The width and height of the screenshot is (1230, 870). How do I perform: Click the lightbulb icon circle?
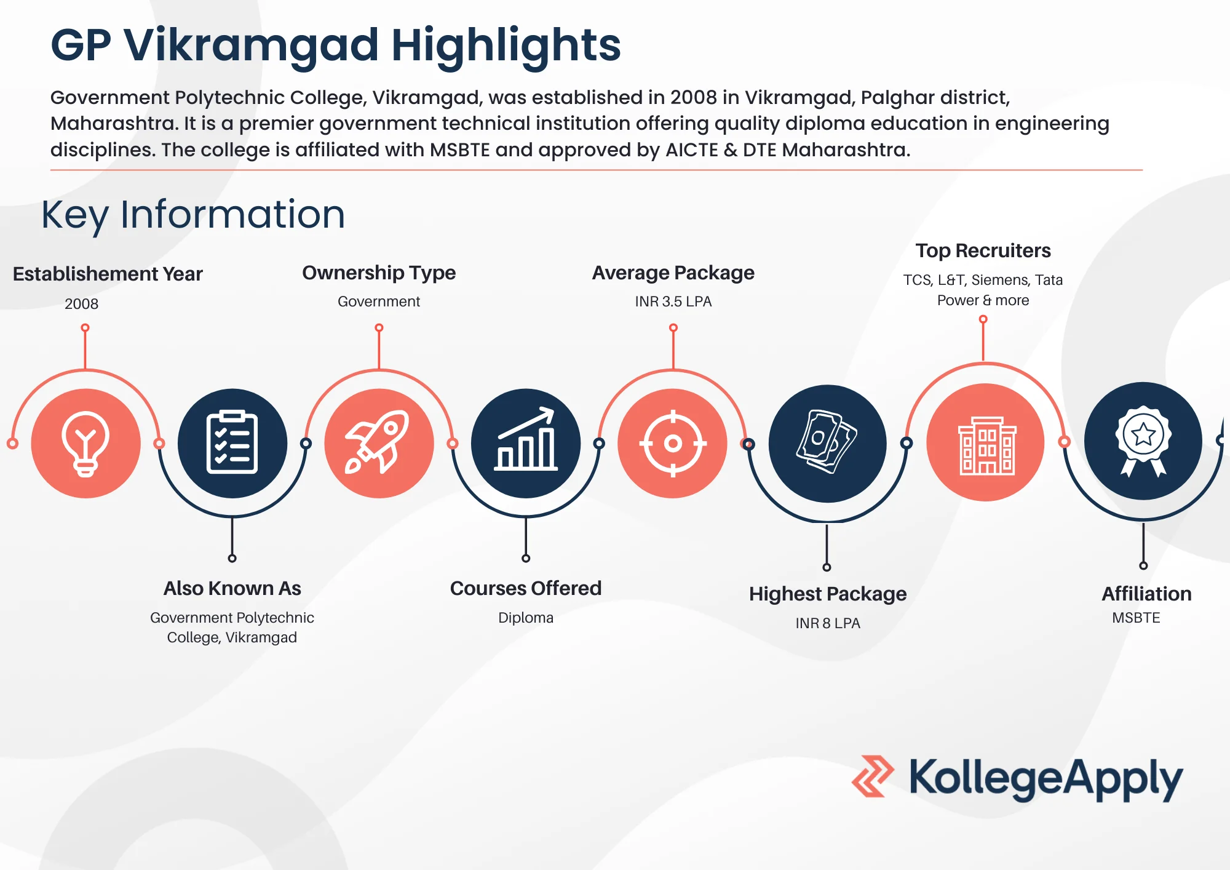pos(85,443)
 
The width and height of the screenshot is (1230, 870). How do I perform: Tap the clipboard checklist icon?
pos(232,443)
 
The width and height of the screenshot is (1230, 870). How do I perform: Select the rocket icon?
pos(379,443)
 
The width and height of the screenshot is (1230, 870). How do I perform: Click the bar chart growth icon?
pos(526,443)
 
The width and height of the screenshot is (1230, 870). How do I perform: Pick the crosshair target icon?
pos(673,443)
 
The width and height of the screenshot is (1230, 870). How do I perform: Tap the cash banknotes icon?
pos(827,443)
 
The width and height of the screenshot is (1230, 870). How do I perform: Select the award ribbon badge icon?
pos(1143,441)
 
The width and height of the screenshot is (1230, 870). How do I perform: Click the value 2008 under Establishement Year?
pos(81,304)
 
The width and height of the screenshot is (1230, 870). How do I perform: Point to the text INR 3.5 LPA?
pos(673,301)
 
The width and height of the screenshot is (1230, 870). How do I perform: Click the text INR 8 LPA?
pos(827,623)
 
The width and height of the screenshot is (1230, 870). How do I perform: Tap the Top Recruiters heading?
pos(983,250)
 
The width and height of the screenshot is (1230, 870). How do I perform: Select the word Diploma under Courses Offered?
pos(526,618)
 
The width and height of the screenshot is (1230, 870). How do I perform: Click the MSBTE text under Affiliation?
pos(1136,618)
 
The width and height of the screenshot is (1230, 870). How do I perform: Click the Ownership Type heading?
pos(379,273)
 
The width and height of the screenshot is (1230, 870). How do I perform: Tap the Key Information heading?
pos(193,215)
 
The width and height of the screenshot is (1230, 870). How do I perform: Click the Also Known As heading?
pos(232,588)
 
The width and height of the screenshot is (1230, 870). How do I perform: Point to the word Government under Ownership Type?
pos(379,301)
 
